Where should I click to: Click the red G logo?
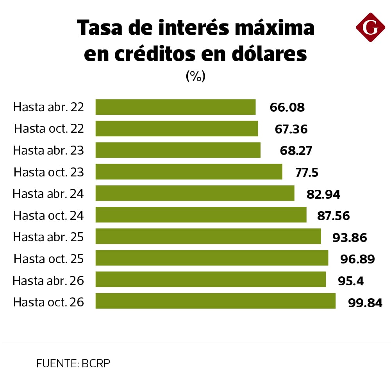click(x=370, y=27)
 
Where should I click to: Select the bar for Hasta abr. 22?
click(x=175, y=107)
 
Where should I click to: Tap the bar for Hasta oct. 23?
click(x=189, y=172)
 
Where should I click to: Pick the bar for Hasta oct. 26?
click(x=215, y=301)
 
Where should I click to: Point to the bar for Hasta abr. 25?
click(x=208, y=237)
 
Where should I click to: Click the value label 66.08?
click(x=287, y=107)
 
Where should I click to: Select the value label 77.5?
click(x=307, y=172)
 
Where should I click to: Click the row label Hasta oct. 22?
click(x=49, y=128)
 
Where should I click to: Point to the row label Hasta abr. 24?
click(x=48, y=193)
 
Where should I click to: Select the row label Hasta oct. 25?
click(x=49, y=258)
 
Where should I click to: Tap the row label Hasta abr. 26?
click(x=48, y=280)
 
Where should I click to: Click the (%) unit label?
click(x=195, y=76)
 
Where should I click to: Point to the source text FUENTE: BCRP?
click(x=73, y=363)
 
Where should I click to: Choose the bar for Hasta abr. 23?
click(x=178, y=150)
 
